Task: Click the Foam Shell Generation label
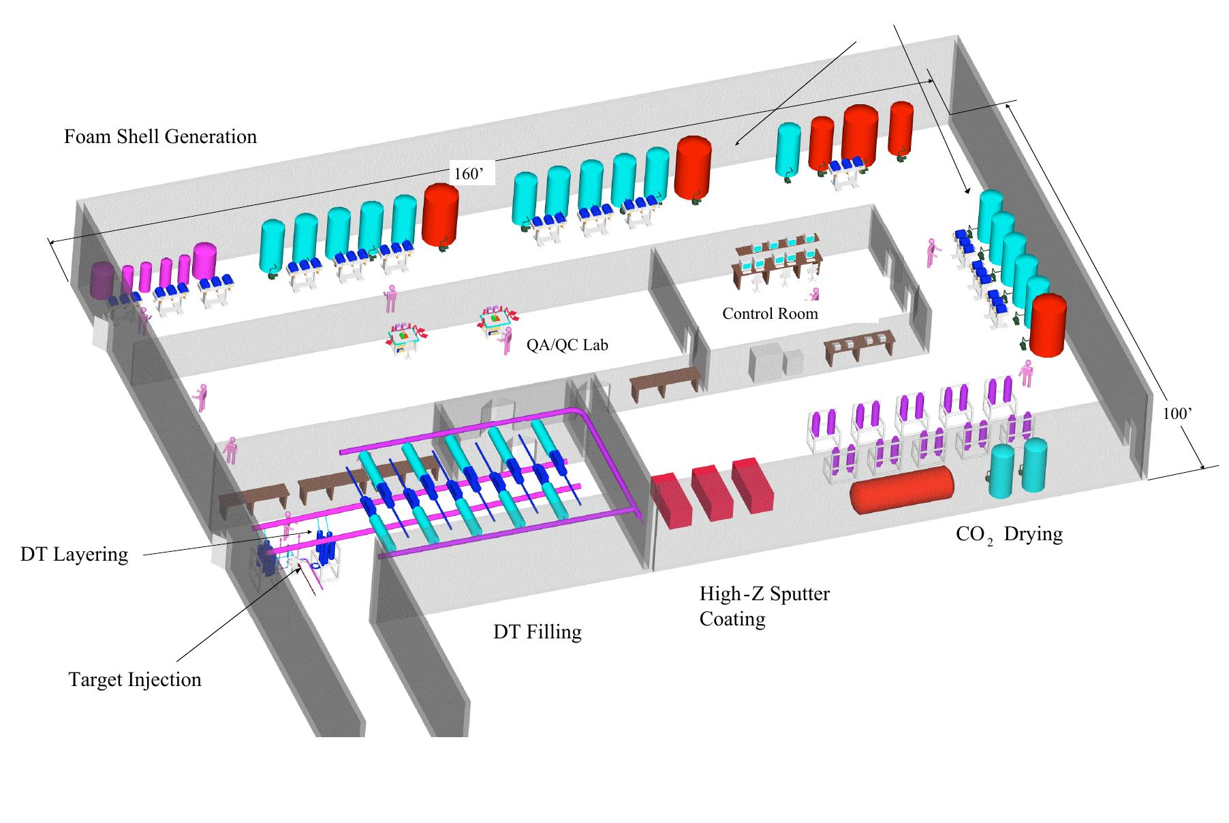point(160,137)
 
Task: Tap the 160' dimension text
point(469,174)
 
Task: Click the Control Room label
point(770,314)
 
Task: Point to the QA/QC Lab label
point(567,345)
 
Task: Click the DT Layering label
point(74,555)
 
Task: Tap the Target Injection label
point(135,680)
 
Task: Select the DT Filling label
point(537,632)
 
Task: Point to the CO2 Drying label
point(1008,533)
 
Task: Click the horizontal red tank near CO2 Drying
point(901,489)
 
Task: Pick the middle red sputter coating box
point(712,493)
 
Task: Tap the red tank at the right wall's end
point(1047,326)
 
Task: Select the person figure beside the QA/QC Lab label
point(507,341)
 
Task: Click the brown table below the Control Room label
point(857,346)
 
